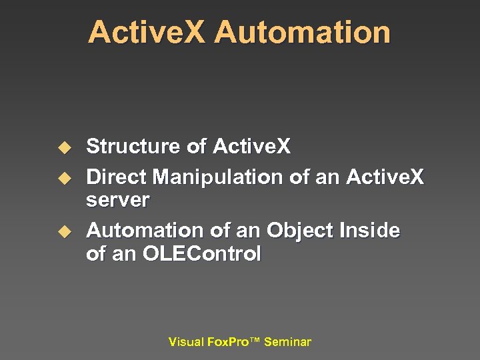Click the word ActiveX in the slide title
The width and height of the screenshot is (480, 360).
[147, 32]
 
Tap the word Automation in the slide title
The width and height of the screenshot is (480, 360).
[303, 32]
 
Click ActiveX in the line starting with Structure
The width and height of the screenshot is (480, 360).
[251, 147]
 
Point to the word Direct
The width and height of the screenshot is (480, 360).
[117, 177]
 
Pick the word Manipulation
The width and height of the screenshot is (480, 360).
[218, 177]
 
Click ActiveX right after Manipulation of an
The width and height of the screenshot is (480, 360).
[385, 177]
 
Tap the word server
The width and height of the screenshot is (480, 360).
[118, 199]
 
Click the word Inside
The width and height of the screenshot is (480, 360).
[369, 231]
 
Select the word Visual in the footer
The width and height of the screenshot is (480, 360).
[186, 342]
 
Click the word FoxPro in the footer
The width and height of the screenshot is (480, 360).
[227, 342]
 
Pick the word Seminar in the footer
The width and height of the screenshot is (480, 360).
[287, 342]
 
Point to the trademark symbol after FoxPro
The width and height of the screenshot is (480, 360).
[254, 340]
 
